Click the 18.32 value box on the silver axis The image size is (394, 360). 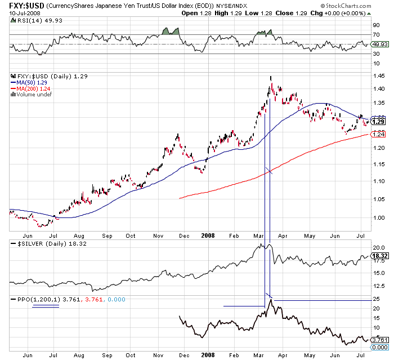[x=378, y=256]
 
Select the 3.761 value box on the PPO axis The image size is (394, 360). [x=379, y=340]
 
